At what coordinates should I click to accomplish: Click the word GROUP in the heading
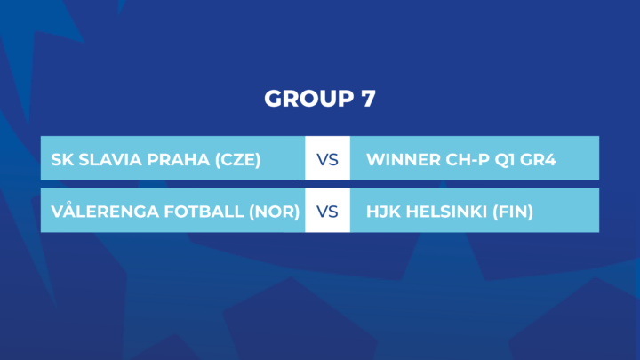309,99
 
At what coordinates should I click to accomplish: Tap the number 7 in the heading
368,99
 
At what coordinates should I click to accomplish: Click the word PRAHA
179,160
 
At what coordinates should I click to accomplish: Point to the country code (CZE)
237,160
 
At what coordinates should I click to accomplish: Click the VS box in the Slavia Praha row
327,158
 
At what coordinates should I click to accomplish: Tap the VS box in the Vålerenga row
327,210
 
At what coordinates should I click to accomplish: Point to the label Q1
505,160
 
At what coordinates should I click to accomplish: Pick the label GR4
538,160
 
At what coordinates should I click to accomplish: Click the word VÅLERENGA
105,211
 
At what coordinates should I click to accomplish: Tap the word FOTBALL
204,212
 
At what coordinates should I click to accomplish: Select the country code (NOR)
275,212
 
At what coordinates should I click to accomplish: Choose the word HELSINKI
447,212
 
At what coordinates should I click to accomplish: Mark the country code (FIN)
513,212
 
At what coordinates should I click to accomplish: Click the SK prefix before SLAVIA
62,160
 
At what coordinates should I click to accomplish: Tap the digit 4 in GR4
550,160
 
